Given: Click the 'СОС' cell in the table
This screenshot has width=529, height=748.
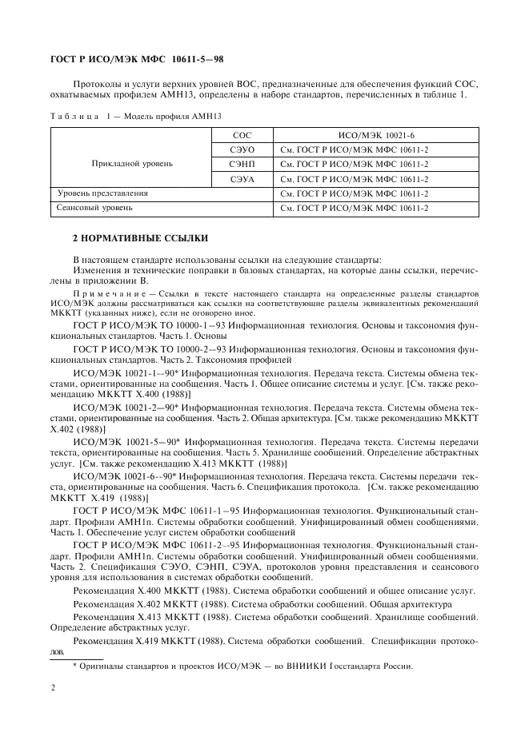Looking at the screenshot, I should tap(242, 136).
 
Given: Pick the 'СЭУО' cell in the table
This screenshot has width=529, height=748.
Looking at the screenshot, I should tap(242, 149).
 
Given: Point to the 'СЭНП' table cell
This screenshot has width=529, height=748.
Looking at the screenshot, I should tap(242, 164).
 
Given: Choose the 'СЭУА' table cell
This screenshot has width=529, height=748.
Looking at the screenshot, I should tap(242, 179).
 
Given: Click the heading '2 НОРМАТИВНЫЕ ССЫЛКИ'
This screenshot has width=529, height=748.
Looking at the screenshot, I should tap(140, 238).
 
